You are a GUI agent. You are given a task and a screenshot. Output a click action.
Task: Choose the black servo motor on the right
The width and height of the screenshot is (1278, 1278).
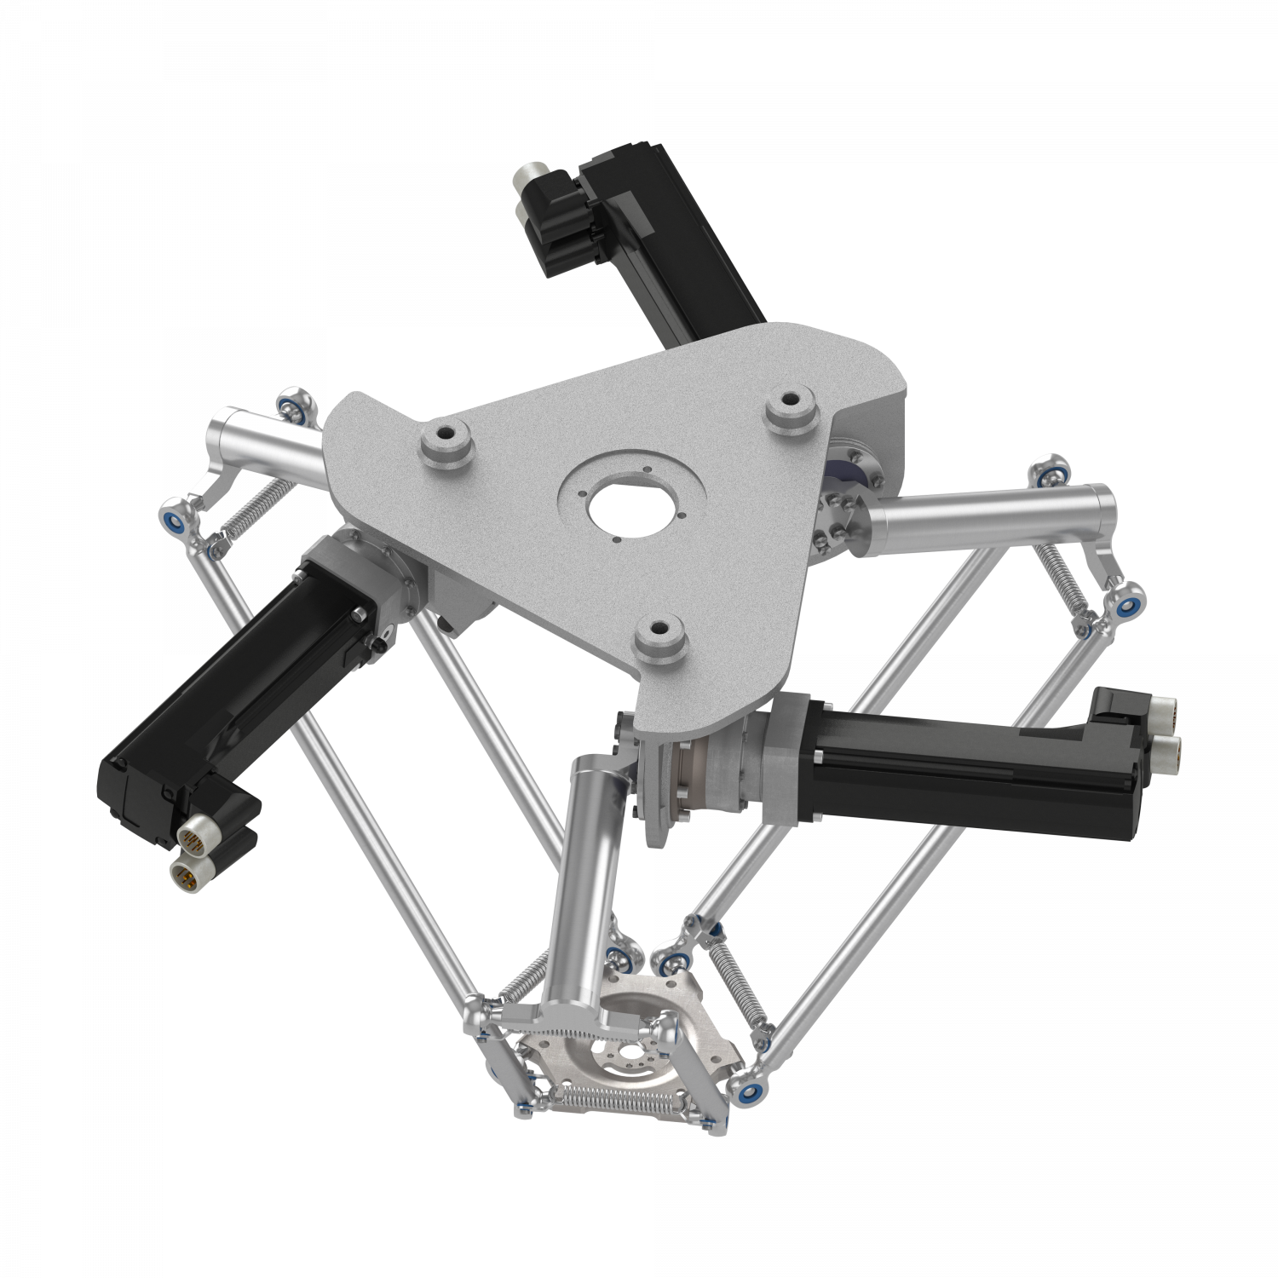963,758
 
